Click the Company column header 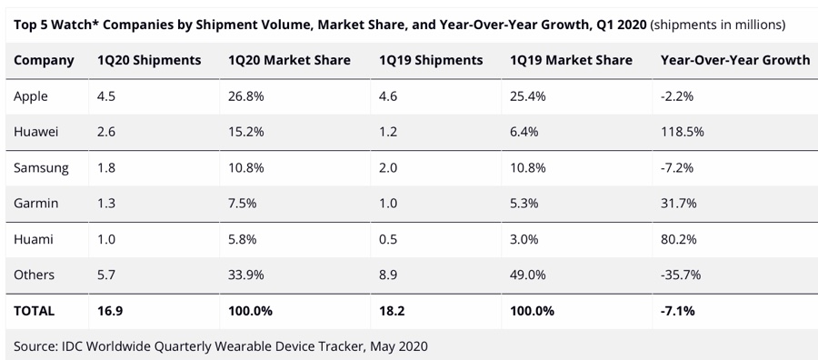pos(44,61)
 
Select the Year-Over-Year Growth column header pos(735,61)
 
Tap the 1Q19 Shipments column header pos(431,61)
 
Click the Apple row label pos(31,96)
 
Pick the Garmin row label pos(36,203)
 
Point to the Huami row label pos(34,239)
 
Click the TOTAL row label pos(34,312)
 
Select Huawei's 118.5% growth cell pos(683,132)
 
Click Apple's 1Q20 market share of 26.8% pos(246,96)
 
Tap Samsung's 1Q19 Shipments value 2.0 pos(388,168)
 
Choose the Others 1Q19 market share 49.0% pos(528,275)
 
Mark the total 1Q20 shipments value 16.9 pos(109,312)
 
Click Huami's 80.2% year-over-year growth pos(679,239)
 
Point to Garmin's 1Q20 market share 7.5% pos(242,203)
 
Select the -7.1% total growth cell pos(678,312)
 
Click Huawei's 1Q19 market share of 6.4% pos(524,132)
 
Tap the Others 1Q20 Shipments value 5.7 pos(106,275)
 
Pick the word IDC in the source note pos(73,346)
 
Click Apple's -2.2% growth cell pos(677,96)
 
